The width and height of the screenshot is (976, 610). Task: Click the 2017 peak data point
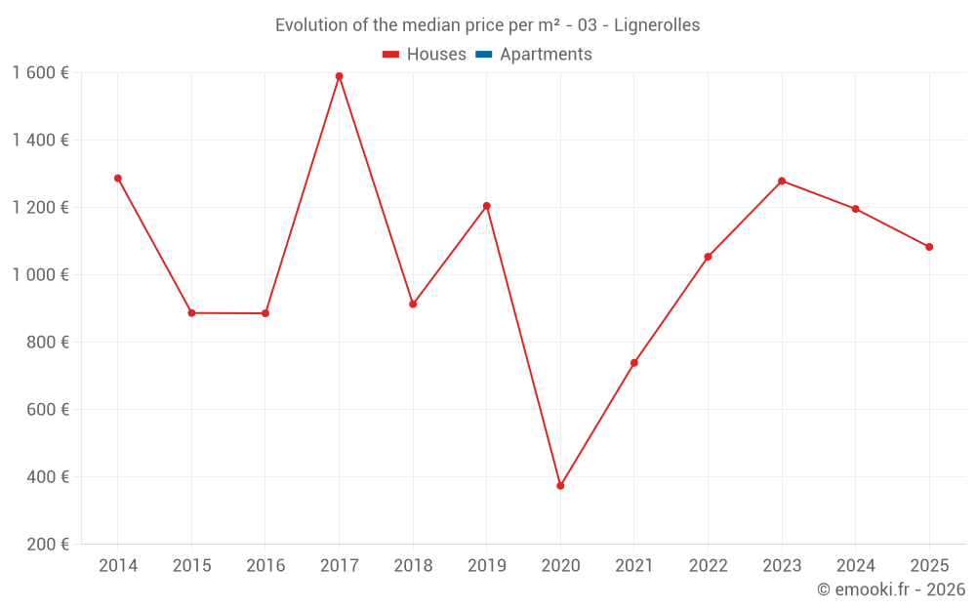[x=339, y=76]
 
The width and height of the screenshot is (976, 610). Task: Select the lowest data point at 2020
[x=560, y=485]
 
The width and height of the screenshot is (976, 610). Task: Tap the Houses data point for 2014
[x=118, y=179]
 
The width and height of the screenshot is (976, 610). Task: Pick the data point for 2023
[x=782, y=181]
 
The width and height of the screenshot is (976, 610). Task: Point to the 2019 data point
[x=486, y=206]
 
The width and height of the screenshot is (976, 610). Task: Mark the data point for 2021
[x=634, y=363]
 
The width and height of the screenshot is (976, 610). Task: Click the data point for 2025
[x=929, y=247]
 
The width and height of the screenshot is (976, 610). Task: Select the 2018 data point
[x=413, y=305]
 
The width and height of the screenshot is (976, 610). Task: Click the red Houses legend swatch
[x=390, y=55]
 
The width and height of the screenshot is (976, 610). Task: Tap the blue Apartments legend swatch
[x=483, y=55]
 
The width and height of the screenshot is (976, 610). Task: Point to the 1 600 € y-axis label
[x=41, y=72]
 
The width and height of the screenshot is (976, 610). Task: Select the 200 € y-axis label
[x=49, y=545]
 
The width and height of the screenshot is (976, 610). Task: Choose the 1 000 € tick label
[x=41, y=275]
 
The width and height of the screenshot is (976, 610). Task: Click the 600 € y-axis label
[x=49, y=410]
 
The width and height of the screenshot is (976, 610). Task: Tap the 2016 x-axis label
[x=265, y=566]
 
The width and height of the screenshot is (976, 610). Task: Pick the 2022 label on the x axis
[x=708, y=566]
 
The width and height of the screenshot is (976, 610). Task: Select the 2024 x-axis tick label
[x=856, y=566]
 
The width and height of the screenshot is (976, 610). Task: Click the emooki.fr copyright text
[x=891, y=590]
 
